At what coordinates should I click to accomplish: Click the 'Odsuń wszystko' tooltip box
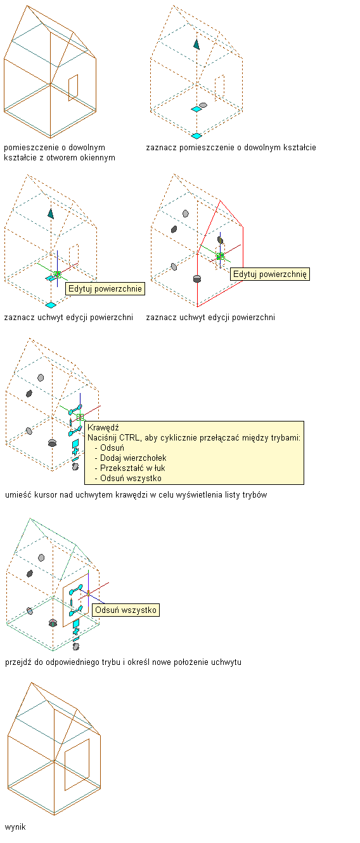pyautogui.click(x=125, y=610)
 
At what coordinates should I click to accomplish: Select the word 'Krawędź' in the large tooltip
pyautogui.click(x=103, y=427)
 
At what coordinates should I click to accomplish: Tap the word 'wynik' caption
pyautogui.click(x=15, y=827)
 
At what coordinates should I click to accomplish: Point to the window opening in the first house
pyautogui.click(x=73, y=87)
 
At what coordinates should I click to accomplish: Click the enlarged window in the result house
pyautogui.click(x=77, y=764)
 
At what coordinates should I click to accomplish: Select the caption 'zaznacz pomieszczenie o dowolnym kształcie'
pyautogui.click(x=231, y=148)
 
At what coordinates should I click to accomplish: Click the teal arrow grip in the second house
pyautogui.click(x=196, y=44)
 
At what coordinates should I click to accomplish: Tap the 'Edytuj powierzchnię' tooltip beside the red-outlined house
pyautogui.click(x=270, y=274)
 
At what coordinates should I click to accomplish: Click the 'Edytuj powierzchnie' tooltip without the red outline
pyautogui.click(x=105, y=288)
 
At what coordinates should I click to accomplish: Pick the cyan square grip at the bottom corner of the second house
pyautogui.click(x=196, y=136)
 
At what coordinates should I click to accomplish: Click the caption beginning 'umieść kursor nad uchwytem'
pyautogui.click(x=136, y=494)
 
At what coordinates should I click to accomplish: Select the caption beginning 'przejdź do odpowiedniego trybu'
pyautogui.click(x=123, y=662)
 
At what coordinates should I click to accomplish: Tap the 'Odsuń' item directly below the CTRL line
pyautogui.click(x=112, y=448)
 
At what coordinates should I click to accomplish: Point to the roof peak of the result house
pyautogui.click(x=31, y=683)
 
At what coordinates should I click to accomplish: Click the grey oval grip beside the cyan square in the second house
pyautogui.click(x=203, y=105)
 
